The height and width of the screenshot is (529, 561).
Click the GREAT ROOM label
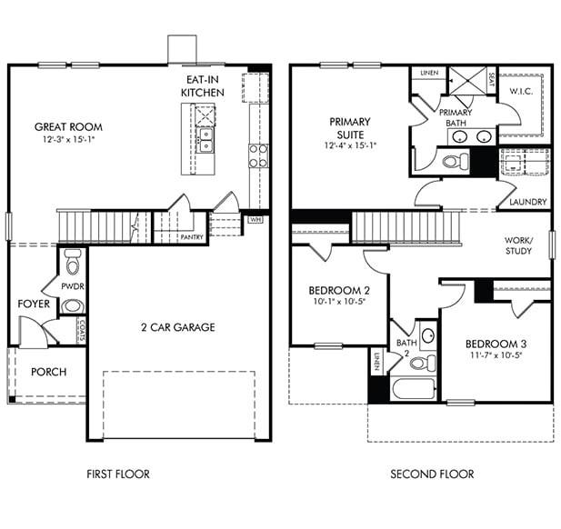[68, 127]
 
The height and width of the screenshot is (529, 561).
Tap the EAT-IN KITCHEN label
[203, 87]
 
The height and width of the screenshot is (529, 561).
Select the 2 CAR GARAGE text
[177, 327]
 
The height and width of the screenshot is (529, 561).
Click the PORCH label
[48, 372]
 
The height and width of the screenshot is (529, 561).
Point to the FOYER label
[35, 304]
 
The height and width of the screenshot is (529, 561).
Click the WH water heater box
[255, 219]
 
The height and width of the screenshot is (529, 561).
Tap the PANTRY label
[192, 237]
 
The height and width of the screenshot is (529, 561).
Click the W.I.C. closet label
[521, 91]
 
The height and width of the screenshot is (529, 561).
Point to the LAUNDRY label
[528, 202]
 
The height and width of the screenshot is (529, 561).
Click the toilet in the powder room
[73, 265]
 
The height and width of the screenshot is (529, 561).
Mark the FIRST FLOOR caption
[118, 474]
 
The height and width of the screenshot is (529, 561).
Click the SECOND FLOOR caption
[432, 474]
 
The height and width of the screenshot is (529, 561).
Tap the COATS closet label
[82, 328]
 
